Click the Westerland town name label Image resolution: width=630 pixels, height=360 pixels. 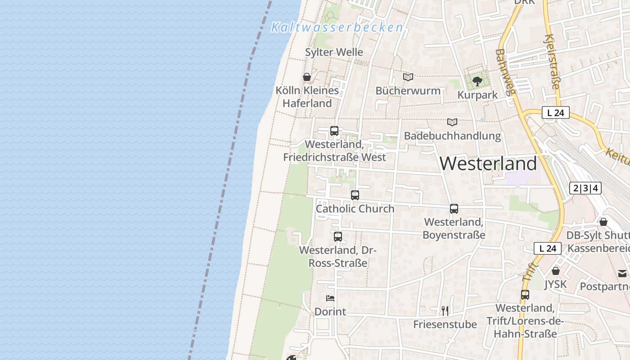point(488,163)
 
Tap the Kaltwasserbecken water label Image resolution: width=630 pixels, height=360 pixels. point(337,27)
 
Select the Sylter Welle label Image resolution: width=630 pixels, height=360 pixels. point(334,52)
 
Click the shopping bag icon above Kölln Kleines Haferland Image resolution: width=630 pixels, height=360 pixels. point(307,77)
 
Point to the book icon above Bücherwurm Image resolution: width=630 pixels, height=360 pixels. point(408,77)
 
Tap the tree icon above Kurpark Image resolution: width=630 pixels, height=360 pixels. point(477,81)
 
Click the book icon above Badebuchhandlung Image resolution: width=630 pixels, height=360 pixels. point(452,122)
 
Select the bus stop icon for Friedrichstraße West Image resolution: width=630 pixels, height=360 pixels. point(334,131)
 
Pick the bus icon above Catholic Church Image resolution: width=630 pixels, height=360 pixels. point(355,195)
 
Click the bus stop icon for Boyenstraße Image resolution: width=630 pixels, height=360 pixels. point(454,209)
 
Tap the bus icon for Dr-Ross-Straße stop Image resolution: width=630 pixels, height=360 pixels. point(338,237)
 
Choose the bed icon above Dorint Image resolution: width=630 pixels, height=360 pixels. point(330,298)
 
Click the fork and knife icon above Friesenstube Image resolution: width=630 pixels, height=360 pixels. point(445,310)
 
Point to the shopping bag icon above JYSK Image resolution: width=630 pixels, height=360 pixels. point(556,271)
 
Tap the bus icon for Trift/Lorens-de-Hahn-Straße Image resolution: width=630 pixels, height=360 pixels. point(525,295)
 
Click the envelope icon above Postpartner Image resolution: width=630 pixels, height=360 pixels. point(622,273)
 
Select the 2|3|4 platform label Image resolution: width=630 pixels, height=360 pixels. point(585,188)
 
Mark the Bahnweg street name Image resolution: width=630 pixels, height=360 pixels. point(504,72)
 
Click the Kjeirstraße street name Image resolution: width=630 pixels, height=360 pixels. point(553,62)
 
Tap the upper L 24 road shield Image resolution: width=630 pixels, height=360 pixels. point(556,112)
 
